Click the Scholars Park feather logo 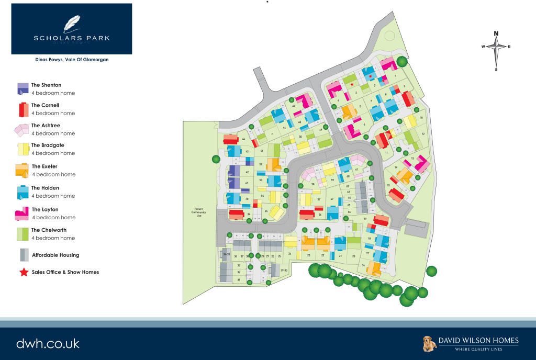click(72, 24)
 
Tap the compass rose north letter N click(496, 34)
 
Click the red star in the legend click(23, 272)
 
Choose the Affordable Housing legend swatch click(24, 255)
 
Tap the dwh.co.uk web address click(48, 344)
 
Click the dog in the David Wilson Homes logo click(429, 344)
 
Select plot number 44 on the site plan click(244, 139)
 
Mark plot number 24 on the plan click(289, 253)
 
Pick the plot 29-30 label click(284, 270)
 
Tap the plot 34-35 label click(226, 254)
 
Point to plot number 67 click(332, 199)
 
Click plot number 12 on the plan click(423, 134)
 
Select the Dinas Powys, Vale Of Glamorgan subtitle click(72, 60)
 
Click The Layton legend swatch click(22, 213)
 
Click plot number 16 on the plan click(363, 265)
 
